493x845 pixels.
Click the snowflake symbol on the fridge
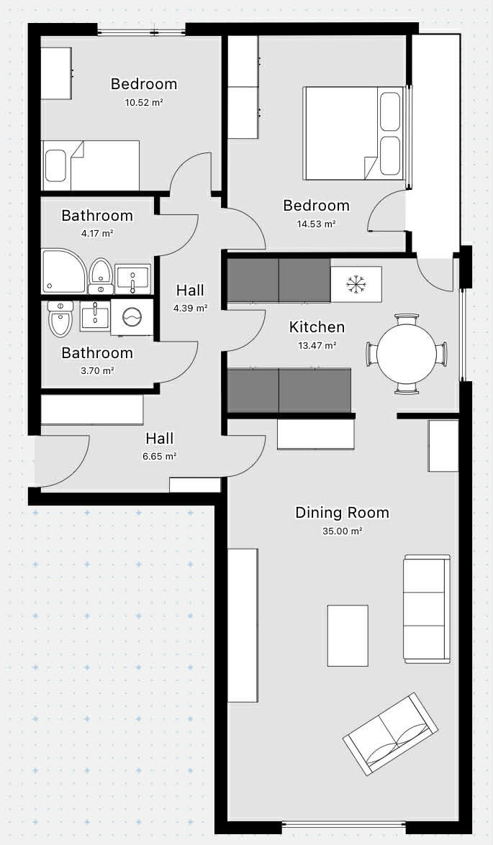coord(356,284)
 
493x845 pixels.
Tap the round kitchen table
coord(406,354)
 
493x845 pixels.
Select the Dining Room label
coord(342,513)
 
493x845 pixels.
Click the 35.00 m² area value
coord(342,531)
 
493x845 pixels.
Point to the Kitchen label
coord(317,327)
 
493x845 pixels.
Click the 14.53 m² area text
coord(317,224)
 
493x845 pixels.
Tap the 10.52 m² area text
coord(144,102)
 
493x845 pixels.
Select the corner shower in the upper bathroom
coord(63,270)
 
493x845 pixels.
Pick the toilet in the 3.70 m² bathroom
coord(60,318)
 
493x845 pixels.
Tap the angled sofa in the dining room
coord(391,734)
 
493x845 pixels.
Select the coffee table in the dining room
coord(348,635)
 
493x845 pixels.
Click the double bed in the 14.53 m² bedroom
coord(353,133)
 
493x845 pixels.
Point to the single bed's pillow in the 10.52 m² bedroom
coord(55,165)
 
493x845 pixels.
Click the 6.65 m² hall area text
coord(160,457)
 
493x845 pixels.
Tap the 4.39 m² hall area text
coord(191,309)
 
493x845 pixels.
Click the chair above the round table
coord(406,319)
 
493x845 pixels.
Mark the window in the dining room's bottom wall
coord(343,825)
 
